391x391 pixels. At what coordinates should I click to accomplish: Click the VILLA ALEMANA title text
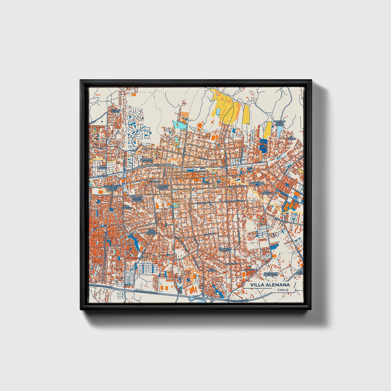(270, 285)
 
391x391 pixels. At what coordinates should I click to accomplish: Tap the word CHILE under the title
(283, 290)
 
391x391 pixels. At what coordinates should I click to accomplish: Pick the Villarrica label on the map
(155, 182)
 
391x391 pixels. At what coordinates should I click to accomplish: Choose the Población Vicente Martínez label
(137, 199)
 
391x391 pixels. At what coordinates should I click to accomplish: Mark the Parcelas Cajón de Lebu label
(279, 123)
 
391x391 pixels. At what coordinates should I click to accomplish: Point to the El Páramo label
(292, 138)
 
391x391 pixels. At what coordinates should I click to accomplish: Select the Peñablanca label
(257, 183)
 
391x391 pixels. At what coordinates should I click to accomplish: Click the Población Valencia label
(225, 249)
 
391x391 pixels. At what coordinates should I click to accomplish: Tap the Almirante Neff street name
(204, 202)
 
